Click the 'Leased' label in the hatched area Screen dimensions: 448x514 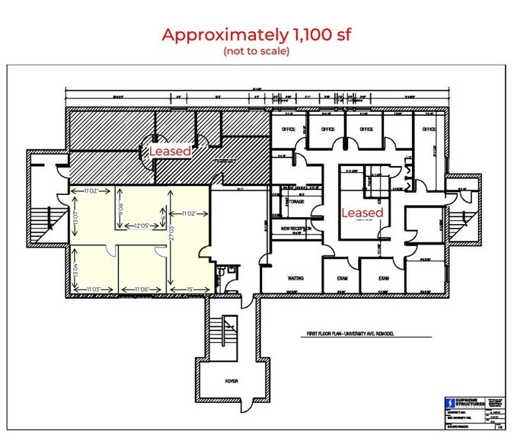coord(169,152)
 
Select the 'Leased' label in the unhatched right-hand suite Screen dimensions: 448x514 coord(362,213)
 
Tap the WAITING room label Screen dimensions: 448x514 coord(295,278)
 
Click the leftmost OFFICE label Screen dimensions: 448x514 coord(289,130)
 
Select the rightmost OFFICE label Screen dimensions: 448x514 coord(429,130)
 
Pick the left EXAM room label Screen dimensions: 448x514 coord(342,278)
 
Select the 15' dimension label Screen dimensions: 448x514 coord(189,290)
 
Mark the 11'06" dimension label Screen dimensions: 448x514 coord(145,290)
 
